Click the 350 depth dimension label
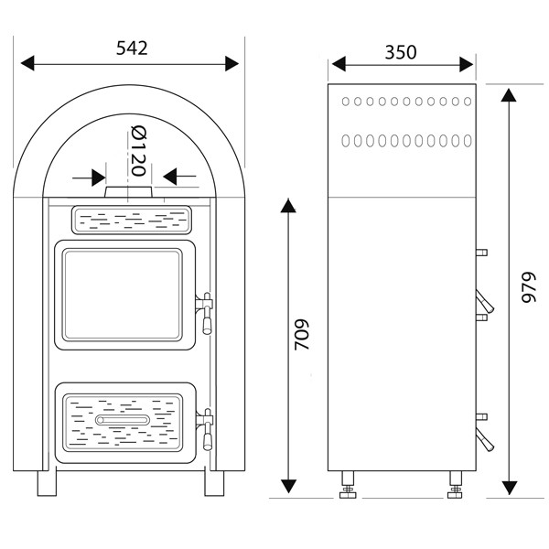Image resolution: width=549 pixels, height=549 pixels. coord(401,51)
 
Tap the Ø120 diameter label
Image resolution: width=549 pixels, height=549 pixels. coord(138,152)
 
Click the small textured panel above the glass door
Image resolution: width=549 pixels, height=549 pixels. coord(130,219)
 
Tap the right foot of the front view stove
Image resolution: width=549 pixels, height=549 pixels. coord(216,481)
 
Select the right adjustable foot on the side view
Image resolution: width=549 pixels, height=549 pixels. coord(455,488)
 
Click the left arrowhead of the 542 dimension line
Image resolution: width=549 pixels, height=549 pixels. coord(27,63)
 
